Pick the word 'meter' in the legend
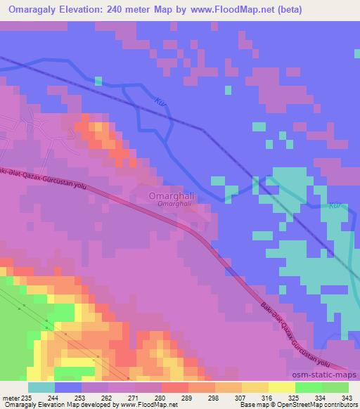pos(11,378)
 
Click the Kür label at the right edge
pos(335,206)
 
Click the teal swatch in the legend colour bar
pos(41,387)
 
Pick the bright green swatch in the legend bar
pos(309,387)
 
